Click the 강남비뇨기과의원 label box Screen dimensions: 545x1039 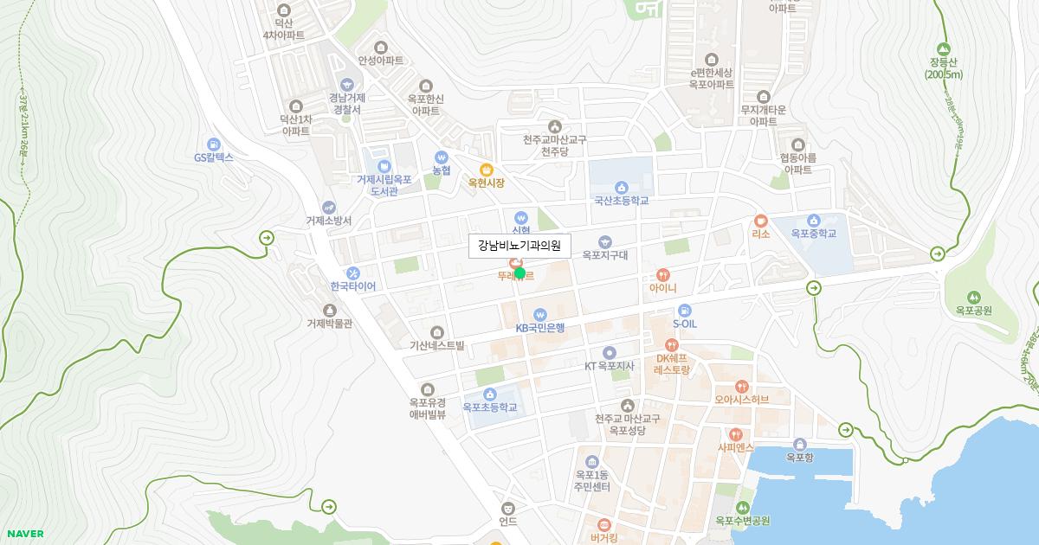click(519, 246)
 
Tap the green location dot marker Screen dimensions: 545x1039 click(520, 273)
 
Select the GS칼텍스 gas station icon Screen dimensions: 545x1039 click(213, 144)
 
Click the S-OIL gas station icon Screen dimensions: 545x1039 click(685, 310)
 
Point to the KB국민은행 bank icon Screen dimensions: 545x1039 click(540, 314)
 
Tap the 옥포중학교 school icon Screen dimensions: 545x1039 click(813, 221)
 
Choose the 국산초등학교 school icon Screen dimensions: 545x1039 click(621, 187)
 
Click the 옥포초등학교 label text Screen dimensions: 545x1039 click(489, 407)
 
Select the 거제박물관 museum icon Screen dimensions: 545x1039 click(329, 310)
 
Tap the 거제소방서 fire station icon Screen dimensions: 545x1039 click(328, 208)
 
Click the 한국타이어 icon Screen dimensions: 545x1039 click(352, 272)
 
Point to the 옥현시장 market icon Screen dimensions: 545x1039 click(487, 170)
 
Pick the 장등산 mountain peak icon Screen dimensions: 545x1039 click(943, 48)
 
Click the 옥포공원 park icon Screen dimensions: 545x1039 click(973, 297)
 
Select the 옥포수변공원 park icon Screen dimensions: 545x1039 click(742, 507)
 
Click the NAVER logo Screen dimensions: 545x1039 click(24, 534)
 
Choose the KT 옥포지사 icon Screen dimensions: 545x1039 click(609, 352)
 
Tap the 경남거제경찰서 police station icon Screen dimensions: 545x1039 click(346, 84)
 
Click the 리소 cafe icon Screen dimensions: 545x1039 click(760, 221)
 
